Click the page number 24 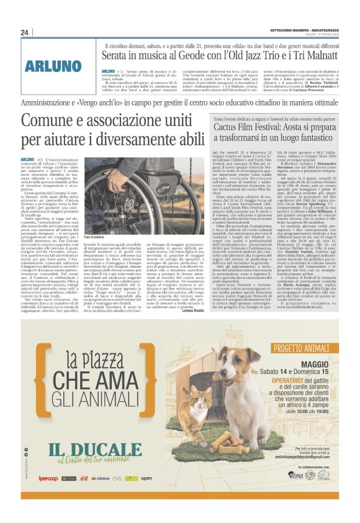(25, 32)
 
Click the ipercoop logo (48, 496)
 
